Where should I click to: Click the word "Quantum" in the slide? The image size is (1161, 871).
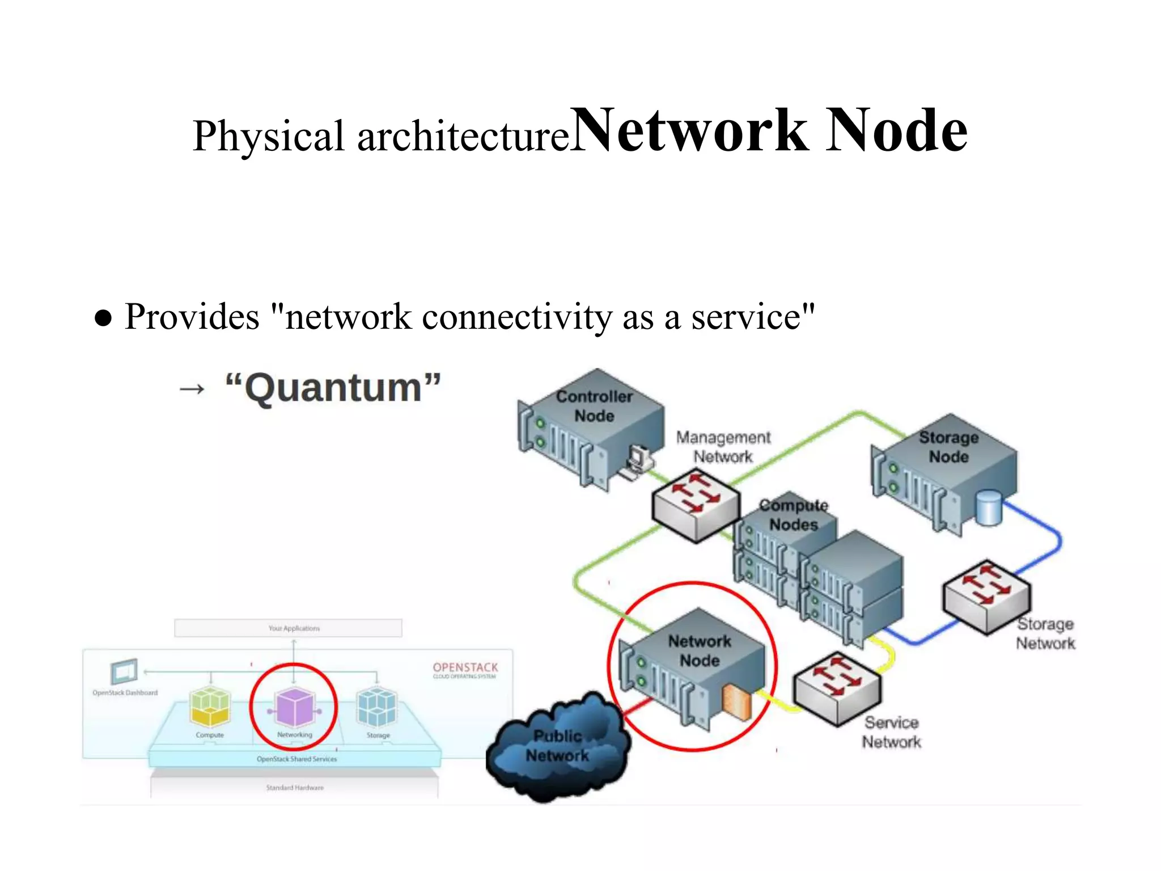click(333, 388)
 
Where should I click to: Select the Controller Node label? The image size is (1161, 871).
click(594, 406)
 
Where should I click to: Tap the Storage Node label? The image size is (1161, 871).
click(948, 447)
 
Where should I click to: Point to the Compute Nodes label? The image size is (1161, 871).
click(793, 515)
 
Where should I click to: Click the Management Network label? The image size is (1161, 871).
click(723, 447)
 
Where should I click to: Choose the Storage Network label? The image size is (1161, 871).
click(1045, 633)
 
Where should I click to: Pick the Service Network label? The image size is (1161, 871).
click(891, 732)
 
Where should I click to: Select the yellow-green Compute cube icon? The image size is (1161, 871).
click(210, 707)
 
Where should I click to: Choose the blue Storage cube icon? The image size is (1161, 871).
click(377, 707)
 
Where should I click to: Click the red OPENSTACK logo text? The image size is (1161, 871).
click(465, 667)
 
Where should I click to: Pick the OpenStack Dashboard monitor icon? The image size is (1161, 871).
click(124, 672)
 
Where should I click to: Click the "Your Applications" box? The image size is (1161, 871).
click(288, 628)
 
